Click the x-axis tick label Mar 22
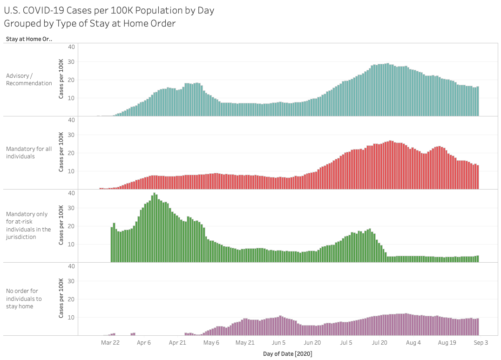[110, 343]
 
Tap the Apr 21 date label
[177, 343]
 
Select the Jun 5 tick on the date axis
[279, 343]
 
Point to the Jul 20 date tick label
[379, 343]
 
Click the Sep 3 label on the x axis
[481, 343]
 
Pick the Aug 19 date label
[447, 343]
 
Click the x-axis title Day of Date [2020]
[287, 354]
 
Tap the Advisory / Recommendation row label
[29, 79]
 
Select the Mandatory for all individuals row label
[29, 152]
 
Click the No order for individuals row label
[24, 299]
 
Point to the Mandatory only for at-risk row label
[28, 225]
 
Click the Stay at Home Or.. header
[29, 39]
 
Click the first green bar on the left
[112, 244]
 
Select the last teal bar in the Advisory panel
[478, 101]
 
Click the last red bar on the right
[478, 177]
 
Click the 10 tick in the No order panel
[72, 318]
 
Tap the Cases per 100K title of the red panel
[61, 152]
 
